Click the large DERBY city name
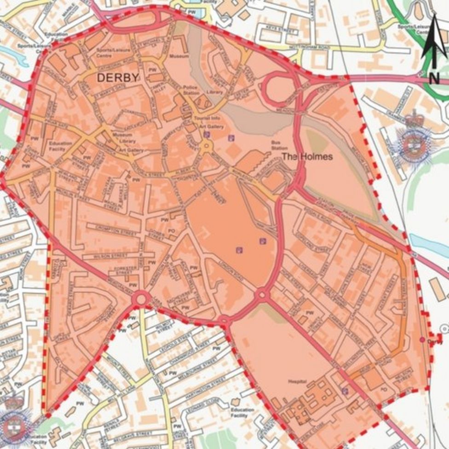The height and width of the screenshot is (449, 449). (117, 78)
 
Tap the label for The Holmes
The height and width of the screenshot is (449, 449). (307, 156)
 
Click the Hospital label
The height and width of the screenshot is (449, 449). (307, 381)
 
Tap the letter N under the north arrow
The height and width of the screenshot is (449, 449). (433, 78)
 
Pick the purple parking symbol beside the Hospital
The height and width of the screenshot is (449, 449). (345, 391)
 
